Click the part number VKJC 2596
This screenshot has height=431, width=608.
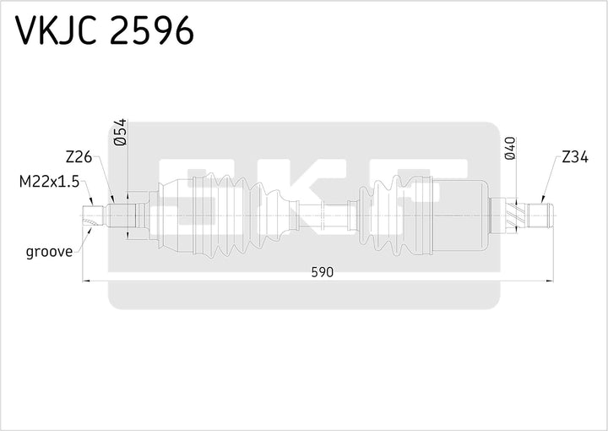[x=106, y=31]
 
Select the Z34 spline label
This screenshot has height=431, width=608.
[x=576, y=156]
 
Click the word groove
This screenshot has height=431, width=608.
[x=49, y=251]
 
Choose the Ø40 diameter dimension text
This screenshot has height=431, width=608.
[x=509, y=149]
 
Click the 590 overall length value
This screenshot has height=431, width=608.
[x=323, y=271]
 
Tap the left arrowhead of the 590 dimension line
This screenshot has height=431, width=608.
[x=86, y=280]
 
